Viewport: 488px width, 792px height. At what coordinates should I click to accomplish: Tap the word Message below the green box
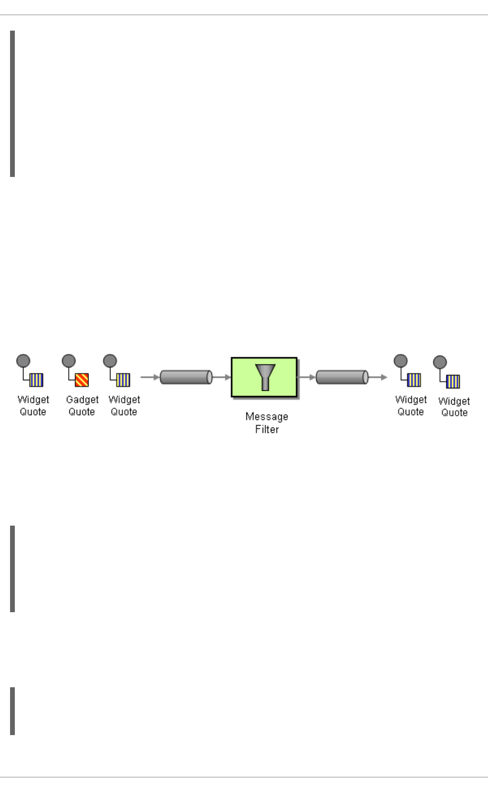click(266, 417)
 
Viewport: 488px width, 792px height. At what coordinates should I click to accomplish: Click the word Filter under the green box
click(266, 429)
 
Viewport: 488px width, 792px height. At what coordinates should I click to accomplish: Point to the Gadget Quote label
click(82, 406)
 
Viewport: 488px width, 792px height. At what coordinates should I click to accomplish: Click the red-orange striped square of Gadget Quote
click(82, 380)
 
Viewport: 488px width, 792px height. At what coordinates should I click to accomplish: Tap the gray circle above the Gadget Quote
click(69, 361)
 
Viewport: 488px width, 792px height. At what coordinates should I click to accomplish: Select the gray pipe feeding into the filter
click(186, 377)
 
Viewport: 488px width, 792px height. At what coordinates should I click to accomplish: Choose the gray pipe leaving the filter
click(342, 377)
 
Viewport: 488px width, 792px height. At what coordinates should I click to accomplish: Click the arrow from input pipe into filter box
click(222, 377)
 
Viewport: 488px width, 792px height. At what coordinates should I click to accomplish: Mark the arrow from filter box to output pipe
click(306, 377)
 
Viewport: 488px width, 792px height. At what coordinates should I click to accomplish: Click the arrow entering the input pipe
click(150, 377)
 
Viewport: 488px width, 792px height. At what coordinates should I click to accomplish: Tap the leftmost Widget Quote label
click(33, 406)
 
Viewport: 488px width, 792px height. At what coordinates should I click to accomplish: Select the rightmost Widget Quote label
click(454, 407)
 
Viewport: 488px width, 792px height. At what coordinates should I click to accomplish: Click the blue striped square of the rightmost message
click(453, 382)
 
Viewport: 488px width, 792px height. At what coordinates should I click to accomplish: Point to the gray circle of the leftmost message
click(23, 361)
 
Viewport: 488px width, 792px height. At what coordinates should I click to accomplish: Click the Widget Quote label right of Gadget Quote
click(124, 406)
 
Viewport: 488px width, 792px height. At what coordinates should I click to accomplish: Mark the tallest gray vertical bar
click(12, 104)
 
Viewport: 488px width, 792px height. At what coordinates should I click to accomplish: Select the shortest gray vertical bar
click(12, 711)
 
